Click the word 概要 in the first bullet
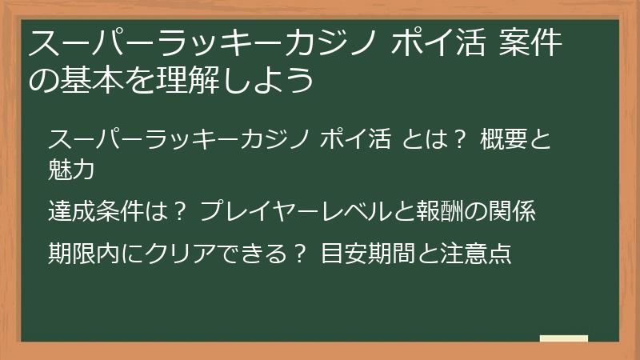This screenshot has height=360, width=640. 503,141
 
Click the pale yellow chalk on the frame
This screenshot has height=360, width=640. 563,339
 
